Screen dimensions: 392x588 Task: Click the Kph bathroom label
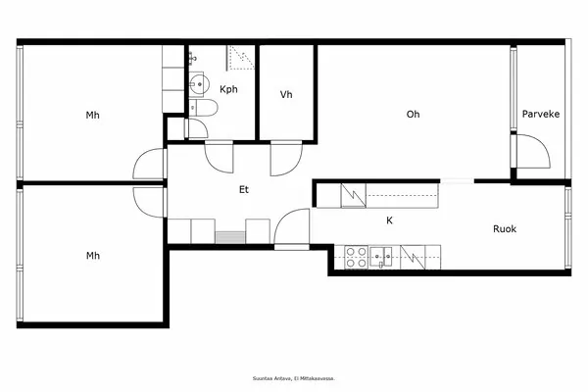[x=228, y=89]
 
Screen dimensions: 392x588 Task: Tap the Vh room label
[x=286, y=95]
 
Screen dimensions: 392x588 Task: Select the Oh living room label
[x=414, y=114]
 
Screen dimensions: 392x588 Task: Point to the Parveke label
[x=540, y=114]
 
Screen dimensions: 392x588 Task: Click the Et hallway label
[x=243, y=190]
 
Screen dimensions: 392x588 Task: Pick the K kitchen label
[x=389, y=221]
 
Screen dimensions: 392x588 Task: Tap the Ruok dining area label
[x=504, y=229]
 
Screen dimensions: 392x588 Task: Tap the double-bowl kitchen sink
[x=383, y=258]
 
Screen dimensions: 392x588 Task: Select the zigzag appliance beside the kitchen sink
[x=416, y=258]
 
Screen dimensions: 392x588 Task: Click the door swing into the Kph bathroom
[x=220, y=155]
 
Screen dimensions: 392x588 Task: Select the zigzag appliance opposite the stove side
[x=352, y=196]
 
